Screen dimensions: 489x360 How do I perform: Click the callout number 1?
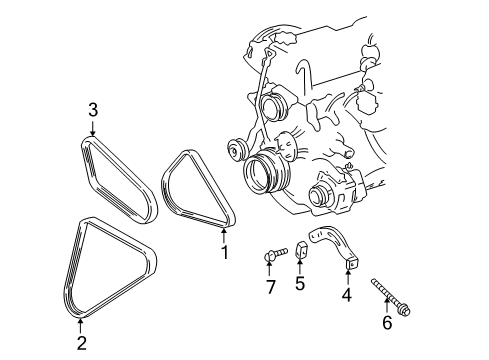[225, 253]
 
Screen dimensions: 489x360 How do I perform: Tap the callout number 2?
[82, 343]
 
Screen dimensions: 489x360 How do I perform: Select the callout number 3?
[93, 110]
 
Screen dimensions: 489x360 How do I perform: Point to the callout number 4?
[347, 295]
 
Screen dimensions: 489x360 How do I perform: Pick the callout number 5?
[300, 283]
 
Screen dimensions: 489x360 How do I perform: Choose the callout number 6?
[387, 322]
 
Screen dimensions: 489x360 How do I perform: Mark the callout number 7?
[270, 287]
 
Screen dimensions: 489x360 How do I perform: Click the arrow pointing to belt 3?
[93, 128]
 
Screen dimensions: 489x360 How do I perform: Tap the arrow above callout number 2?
[80, 326]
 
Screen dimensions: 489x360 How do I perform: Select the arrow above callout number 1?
[224, 235]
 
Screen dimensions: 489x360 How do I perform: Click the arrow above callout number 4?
[348, 278]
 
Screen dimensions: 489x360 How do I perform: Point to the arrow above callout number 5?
[300, 267]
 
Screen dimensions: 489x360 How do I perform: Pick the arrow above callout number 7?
[269, 269]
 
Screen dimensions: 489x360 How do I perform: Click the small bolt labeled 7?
[275, 254]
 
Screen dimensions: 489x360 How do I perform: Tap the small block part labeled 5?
[302, 251]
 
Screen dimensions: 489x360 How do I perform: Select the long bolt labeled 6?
[390, 297]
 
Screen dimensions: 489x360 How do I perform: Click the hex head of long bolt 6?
[405, 311]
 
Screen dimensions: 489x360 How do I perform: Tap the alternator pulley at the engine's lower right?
[319, 197]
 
